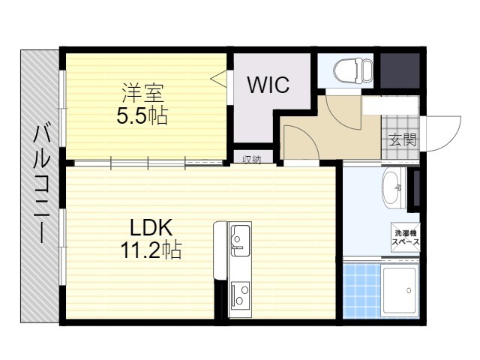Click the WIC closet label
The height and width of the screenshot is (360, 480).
268,85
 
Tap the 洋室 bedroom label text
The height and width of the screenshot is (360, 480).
143,92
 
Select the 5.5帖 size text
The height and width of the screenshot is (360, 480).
142,115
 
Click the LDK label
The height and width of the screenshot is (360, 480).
151,228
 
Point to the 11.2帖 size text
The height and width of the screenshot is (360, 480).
151,250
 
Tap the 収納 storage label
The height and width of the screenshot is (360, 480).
252,159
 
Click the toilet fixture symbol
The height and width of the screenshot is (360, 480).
353,70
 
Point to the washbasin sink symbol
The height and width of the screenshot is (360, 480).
394,188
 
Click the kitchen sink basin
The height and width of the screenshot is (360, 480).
240,241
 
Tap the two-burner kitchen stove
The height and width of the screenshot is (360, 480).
241,294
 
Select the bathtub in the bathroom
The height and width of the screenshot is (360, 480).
400,289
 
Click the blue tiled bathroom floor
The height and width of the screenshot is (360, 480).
361,291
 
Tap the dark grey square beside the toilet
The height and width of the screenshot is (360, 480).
400,70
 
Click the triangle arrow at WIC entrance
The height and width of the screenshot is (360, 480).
218,78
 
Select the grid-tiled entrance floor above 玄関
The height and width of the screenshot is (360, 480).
400,136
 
